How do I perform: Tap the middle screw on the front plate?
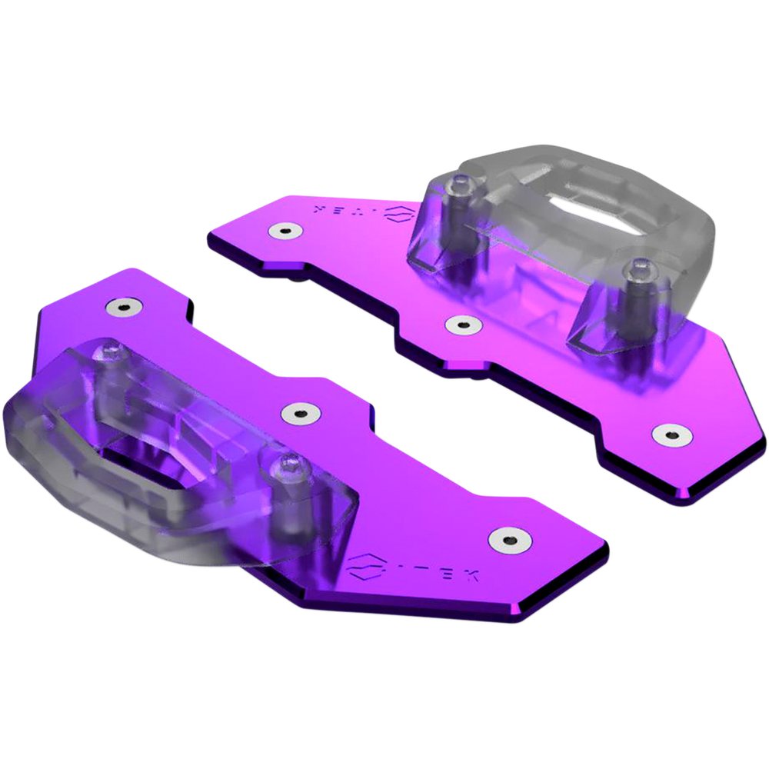[x=295, y=414]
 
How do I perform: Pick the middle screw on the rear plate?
[x=461, y=325]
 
